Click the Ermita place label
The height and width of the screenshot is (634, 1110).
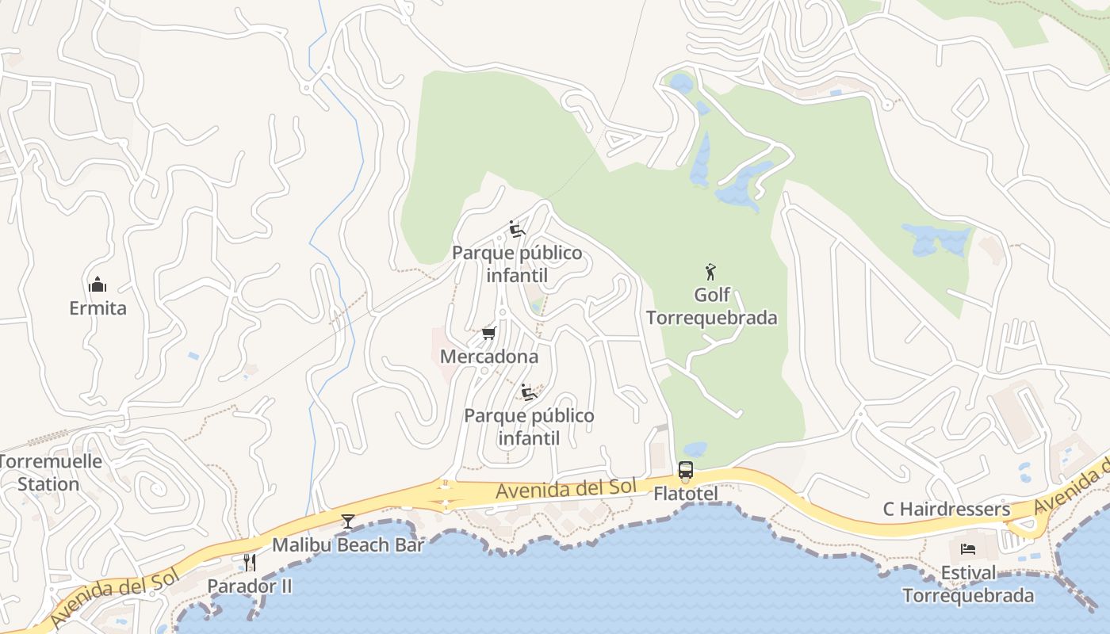98,307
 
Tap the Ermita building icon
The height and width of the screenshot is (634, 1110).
98,285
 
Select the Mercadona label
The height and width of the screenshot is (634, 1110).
489,357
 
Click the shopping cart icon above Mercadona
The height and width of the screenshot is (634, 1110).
488,333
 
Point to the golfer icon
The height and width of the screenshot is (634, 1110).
710,272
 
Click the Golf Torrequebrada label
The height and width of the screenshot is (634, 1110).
711,307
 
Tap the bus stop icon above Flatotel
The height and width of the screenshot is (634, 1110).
686,470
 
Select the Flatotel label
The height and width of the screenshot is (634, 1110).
686,494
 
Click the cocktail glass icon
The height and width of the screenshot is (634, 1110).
347,521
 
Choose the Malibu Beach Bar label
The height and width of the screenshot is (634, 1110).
348,545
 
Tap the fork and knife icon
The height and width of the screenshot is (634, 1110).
249,562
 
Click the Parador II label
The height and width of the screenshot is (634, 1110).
250,586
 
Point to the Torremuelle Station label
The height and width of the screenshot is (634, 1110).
49,472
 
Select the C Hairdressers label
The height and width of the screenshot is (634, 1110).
947,509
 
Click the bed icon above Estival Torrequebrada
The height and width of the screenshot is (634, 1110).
968,548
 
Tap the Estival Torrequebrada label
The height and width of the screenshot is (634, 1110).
968,584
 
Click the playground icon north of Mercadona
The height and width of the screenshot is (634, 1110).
517,229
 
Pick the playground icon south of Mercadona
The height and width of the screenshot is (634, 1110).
529,391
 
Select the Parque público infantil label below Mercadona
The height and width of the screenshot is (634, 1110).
529,426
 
